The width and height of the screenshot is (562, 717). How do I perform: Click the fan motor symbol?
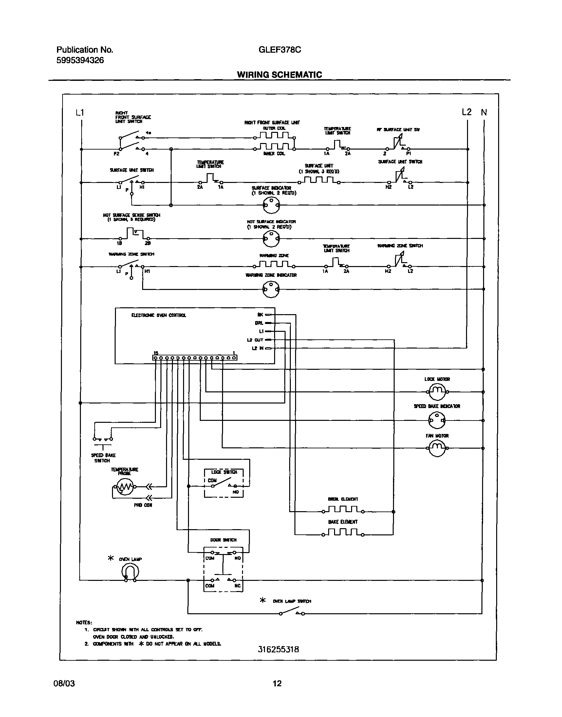point(437,448)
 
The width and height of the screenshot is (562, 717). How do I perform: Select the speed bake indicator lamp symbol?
point(437,420)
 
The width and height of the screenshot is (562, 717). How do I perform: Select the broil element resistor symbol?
point(343,510)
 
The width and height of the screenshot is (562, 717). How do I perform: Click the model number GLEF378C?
point(280,50)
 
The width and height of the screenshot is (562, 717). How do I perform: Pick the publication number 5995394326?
point(80,60)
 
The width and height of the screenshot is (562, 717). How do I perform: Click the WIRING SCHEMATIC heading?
point(279,75)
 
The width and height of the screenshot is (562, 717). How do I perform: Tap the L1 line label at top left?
point(80,113)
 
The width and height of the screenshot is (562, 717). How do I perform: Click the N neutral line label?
point(484,113)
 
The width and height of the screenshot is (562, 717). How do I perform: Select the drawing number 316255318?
point(278,649)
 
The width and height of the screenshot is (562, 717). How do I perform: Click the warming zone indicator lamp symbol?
point(271,289)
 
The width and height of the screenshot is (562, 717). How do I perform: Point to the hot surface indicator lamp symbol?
point(271,238)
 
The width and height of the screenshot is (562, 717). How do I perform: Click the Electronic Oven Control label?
point(159,315)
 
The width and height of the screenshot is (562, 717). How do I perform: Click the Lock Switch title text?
point(224,472)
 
